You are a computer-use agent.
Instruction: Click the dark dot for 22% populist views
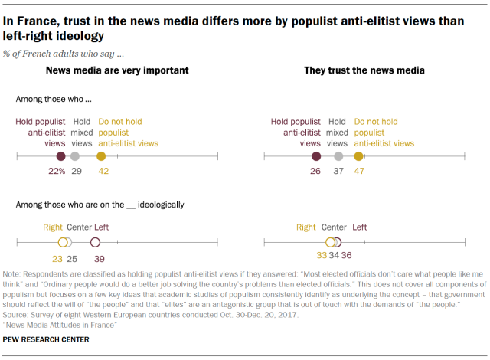tap(60, 156)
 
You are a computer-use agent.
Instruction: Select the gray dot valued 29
tap(74, 156)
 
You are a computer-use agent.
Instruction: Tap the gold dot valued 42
tap(101, 156)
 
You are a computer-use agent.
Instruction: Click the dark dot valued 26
tap(315, 156)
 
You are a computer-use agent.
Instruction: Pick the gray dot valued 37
tap(338, 156)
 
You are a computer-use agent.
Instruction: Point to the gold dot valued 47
tap(359, 156)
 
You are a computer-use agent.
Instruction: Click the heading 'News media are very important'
tap(117, 71)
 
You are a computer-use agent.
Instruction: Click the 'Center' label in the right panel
tap(334, 227)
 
